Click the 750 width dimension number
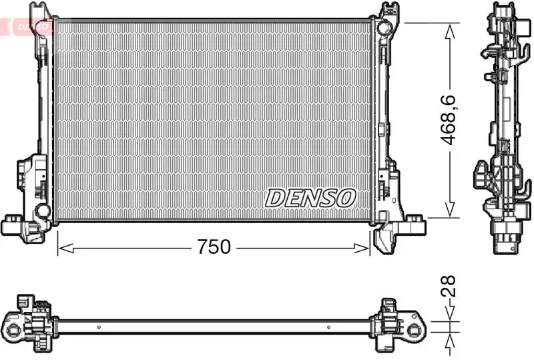coord(214,247)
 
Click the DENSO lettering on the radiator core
coord(311,197)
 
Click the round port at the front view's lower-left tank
coord(43,211)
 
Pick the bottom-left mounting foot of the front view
coord(13,224)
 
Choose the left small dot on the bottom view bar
coord(98,327)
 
